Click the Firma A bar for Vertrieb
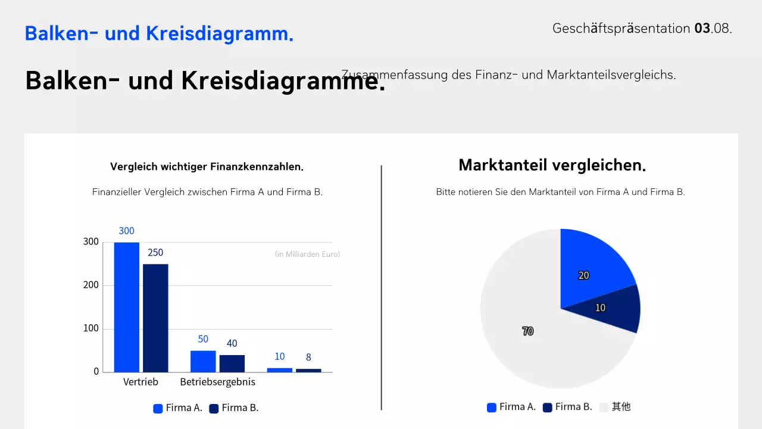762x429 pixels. pos(126,307)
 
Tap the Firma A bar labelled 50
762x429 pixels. pos(203,361)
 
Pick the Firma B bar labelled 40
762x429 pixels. pos(232,363)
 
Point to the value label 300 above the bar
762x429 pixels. pos(126,231)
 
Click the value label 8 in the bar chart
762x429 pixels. pos(308,357)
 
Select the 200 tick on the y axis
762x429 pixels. pos(91,285)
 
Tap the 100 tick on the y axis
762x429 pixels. pos(91,328)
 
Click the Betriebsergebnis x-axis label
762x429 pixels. pos(217,382)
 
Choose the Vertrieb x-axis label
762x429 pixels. pos(140,382)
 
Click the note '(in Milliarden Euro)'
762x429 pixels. pos(307,254)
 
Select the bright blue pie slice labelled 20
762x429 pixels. pos(592,268)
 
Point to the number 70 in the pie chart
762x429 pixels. pos(527,331)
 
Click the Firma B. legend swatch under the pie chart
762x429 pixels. pos(548,408)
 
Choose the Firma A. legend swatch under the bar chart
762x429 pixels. pos(158,409)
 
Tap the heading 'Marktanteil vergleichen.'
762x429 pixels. pos(552,165)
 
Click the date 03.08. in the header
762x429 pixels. pos(713,28)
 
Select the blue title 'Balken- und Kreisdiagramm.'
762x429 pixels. pos(159,33)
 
